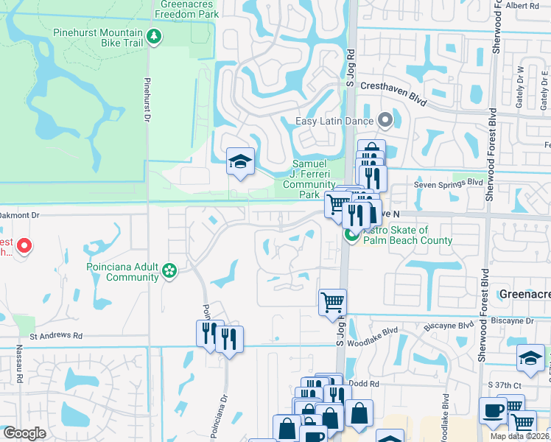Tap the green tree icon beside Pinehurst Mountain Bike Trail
[153, 35]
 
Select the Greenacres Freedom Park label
[189, 9]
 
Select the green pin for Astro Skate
[352, 235]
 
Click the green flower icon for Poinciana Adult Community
[170, 271]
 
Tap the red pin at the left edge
[24, 245]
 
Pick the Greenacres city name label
[524, 293]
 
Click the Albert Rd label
[523, 5]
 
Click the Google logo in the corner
[24, 433]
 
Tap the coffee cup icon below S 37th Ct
[492, 410]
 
